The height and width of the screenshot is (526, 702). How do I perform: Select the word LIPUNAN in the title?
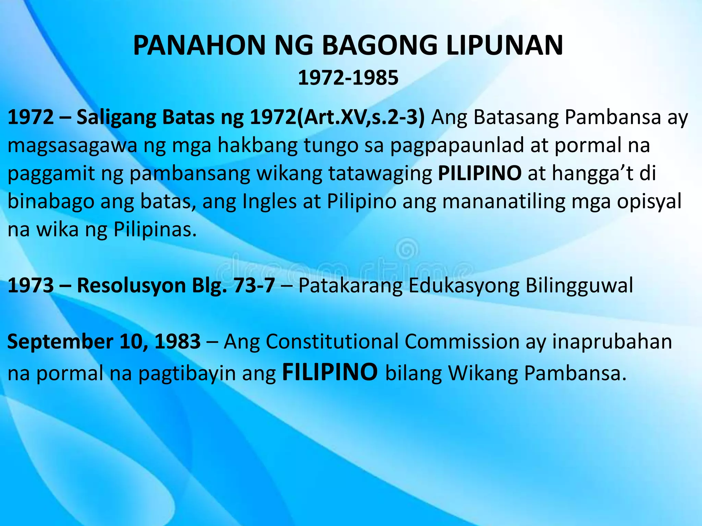[504, 46]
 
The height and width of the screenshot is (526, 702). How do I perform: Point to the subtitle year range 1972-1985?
[348, 78]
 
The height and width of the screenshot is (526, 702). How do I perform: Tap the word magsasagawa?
[72, 146]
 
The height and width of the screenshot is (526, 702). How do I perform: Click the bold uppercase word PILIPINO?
[480, 173]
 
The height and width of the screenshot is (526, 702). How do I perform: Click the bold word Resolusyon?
[131, 285]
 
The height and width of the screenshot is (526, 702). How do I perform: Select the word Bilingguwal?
[579, 286]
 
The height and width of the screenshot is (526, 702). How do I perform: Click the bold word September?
[61, 342]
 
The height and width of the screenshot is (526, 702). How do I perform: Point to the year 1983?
[178, 341]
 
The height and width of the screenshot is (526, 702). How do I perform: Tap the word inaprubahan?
[612, 342]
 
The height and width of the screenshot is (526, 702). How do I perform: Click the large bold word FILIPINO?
[330, 372]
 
